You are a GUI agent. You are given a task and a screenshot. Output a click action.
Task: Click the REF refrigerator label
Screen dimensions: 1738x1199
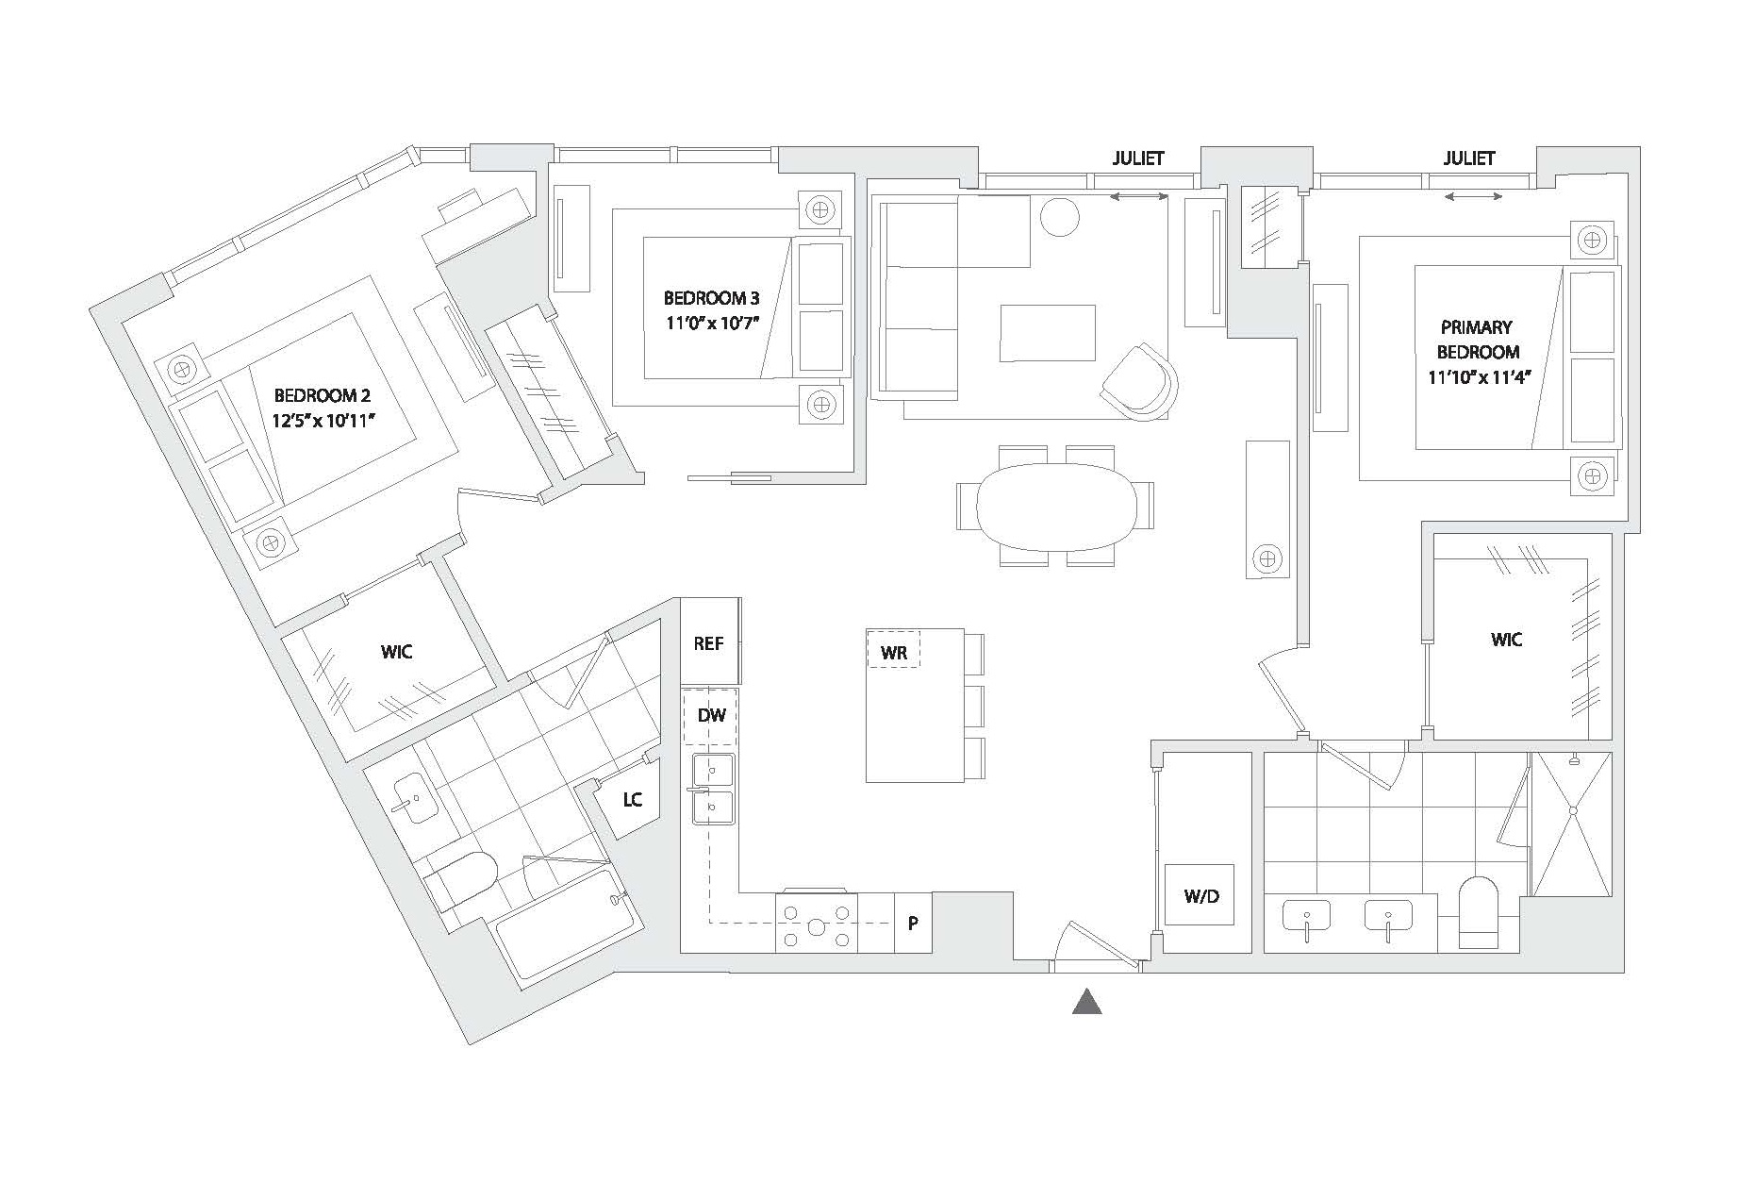(x=708, y=643)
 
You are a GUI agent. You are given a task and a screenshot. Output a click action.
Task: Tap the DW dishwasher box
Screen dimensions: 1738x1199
(x=711, y=716)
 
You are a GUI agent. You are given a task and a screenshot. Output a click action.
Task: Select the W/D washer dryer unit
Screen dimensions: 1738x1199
(x=1200, y=894)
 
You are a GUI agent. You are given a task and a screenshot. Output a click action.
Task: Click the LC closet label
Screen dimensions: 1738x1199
(x=632, y=800)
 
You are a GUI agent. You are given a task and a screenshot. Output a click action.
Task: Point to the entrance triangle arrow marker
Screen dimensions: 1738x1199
(x=1087, y=1002)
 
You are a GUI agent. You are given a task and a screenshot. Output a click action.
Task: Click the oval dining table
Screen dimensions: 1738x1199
(x=1054, y=508)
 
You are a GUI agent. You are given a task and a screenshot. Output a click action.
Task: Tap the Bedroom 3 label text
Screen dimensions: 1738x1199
(x=711, y=298)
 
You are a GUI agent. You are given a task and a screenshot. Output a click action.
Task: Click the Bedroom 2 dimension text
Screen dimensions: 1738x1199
(x=324, y=421)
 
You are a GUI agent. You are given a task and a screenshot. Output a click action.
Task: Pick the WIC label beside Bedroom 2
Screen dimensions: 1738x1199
(x=397, y=652)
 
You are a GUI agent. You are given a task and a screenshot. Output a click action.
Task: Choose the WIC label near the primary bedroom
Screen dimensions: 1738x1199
(x=1506, y=640)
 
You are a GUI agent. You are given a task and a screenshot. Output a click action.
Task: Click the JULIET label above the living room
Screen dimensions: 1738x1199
(x=1137, y=158)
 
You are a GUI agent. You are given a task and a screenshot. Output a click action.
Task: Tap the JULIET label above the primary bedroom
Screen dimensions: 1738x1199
(x=1468, y=158)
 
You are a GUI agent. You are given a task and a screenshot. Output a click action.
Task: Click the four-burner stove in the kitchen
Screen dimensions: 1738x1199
(x=817, y=922)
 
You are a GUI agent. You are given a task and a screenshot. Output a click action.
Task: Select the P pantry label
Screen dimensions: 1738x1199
(x=913, y=924)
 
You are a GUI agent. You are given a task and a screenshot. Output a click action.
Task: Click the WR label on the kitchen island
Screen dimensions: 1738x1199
(x=893, y=652)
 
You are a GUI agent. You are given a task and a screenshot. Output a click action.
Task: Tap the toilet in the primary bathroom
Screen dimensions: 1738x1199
(x=1479, y=912)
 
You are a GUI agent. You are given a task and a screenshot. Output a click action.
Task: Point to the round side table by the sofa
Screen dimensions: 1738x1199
(x=1059, y=219)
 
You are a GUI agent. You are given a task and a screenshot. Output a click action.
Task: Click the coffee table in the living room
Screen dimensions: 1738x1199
(x=1048, y=332)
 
